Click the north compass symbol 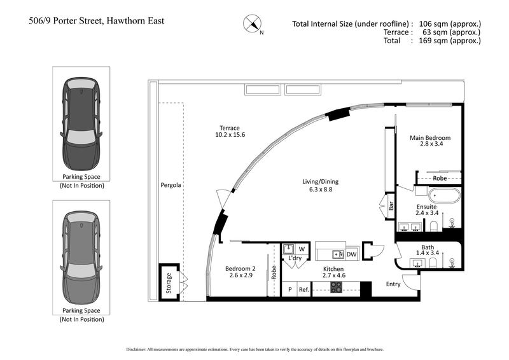point(253,24)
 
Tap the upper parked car point(80,124)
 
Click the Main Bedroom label point(430,138)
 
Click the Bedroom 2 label point(239,268)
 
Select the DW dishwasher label point(351,254)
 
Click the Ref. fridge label point(304,289)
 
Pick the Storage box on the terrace point(169,279)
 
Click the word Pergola point(171,186)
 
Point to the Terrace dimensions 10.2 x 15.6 point(230,135)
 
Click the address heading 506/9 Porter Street point(97,21)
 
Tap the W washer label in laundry point(302,248)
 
